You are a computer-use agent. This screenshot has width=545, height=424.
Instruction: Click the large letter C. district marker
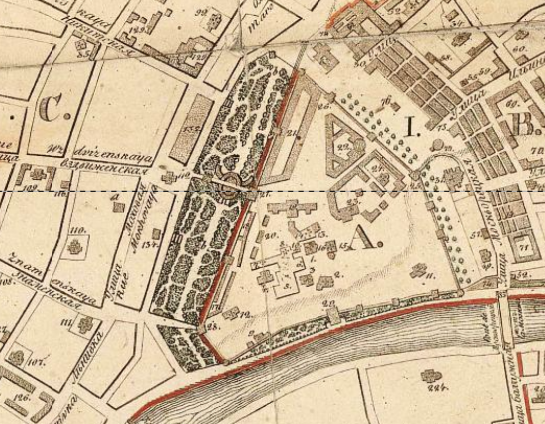click(x=52, y=109)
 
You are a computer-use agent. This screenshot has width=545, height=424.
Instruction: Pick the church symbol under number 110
click(x=75, y=246)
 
